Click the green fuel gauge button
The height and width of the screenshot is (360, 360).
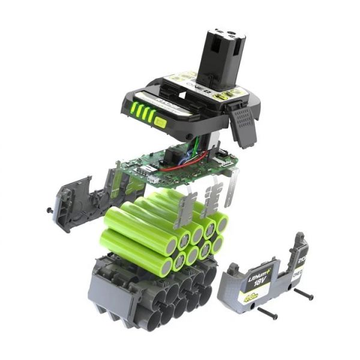click(160, 122)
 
